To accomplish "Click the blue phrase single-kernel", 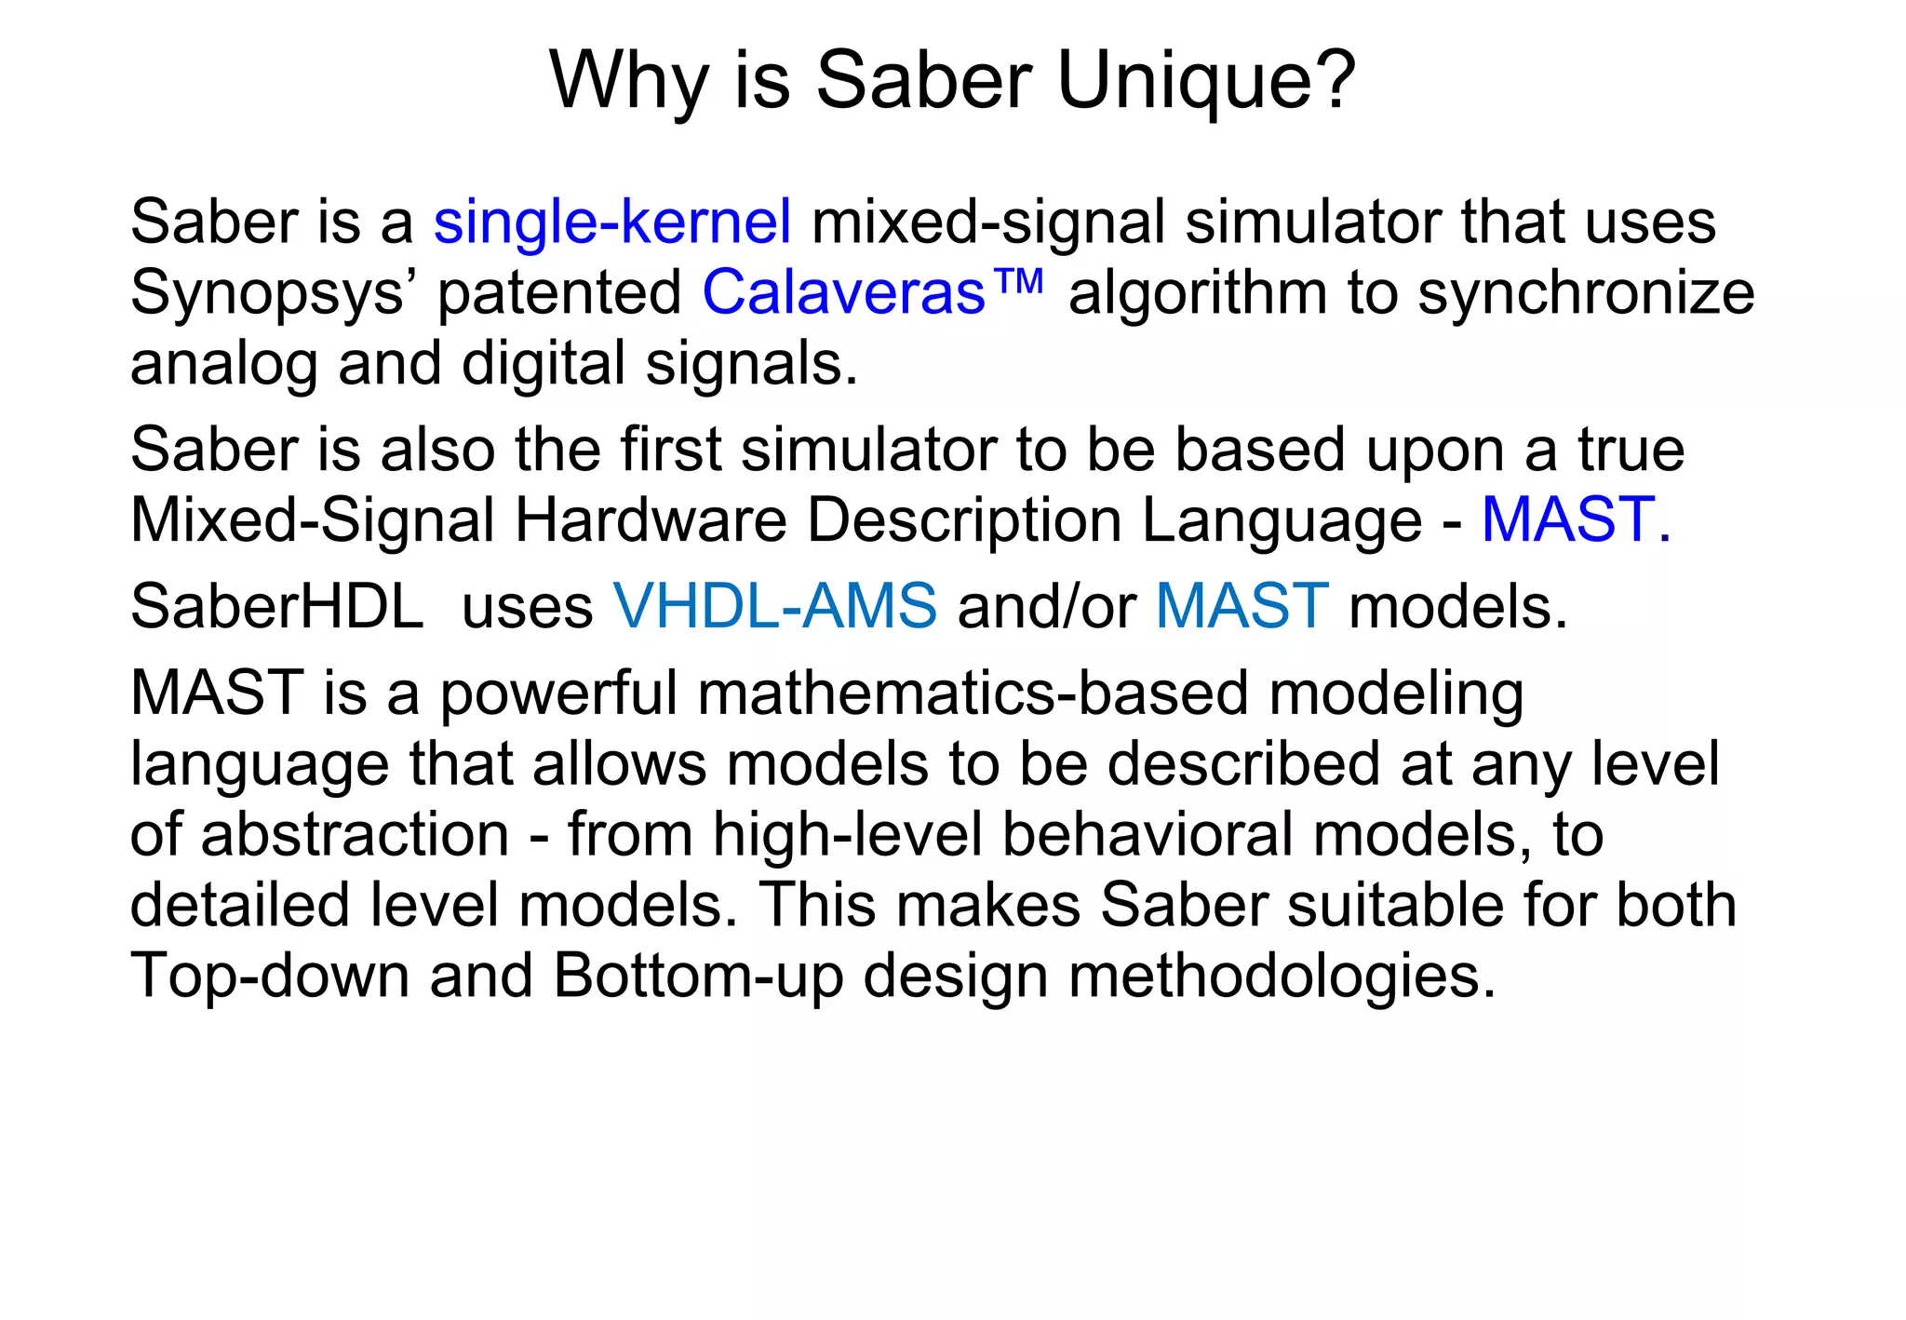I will (612, 222).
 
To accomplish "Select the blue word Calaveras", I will (843, 292).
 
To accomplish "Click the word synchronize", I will (1586, 294).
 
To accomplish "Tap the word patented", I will (560, 294).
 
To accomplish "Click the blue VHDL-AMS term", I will (775, 606).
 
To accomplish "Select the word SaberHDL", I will (276, 606).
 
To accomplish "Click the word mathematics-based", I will (973, 694).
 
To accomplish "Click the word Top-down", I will (270, 977).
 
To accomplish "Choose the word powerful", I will (558, 694).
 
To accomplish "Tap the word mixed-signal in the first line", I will (987, 222).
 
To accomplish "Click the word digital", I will (543, 364).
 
